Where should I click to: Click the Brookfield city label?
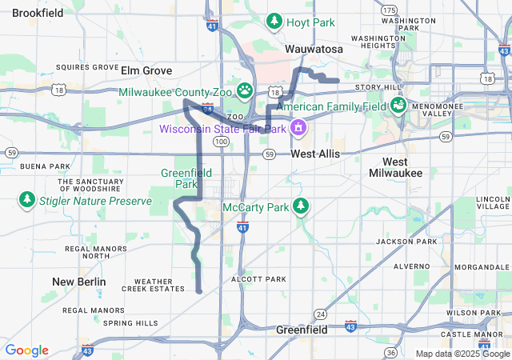click(38, 13)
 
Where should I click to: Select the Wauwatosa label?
click(314, 50)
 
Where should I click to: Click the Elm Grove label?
click(146, 70)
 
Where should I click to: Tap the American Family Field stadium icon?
click(398, 105)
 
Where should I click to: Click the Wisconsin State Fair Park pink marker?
click(298, 127)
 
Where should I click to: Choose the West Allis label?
click(315, 153)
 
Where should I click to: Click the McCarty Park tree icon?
click(301, 206)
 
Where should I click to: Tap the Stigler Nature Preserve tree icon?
click(26, 198)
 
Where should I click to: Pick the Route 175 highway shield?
click(390, 10)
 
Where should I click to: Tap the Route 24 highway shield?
click(320, 313)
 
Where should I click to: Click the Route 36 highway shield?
click(390, 352)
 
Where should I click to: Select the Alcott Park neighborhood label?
click(258, 279)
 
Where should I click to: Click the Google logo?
click(26, 350)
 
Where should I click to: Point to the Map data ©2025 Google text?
click(462, 353)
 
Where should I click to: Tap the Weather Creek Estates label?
click(154, 285)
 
